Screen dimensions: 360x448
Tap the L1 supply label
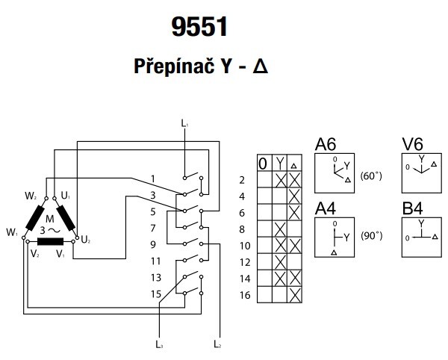coord(185,121)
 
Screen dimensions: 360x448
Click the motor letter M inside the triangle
coord(50,218)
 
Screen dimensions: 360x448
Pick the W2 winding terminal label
coord(31,196)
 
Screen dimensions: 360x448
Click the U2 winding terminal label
coord(86,240)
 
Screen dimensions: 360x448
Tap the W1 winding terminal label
coord(12,233)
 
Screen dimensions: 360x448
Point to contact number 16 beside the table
coord(242,297)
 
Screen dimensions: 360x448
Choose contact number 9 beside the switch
coord(152,244)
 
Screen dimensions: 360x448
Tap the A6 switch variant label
coord(326,145)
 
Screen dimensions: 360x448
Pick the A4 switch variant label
coord(326,208)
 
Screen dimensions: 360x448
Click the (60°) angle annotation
coord(371,177)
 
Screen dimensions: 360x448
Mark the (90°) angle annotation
coord(371,236)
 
